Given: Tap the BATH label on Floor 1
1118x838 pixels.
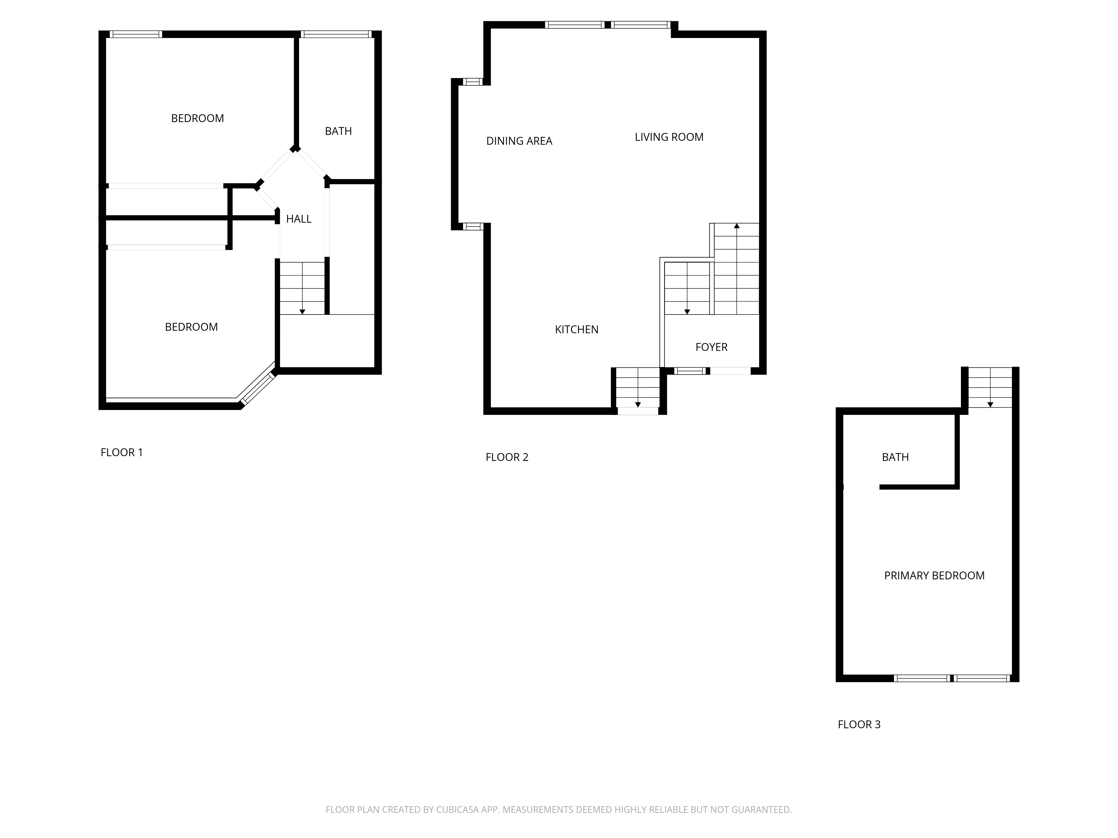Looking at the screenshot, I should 338,131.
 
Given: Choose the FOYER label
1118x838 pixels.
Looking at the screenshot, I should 711,347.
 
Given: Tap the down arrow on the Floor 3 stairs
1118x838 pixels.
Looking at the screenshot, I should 990,404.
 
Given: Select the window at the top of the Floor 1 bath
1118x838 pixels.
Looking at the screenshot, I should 336,34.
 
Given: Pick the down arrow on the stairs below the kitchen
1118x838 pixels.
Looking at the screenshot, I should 638,404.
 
